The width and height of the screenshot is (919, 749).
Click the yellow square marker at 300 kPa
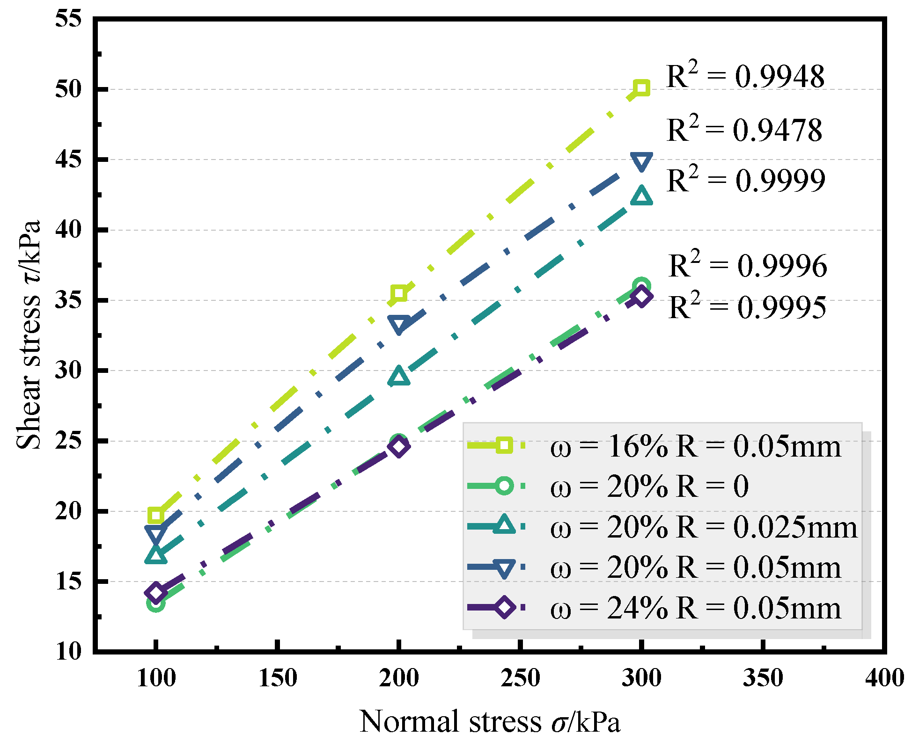coord(641,88)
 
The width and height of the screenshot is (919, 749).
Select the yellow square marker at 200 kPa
coord(399,294)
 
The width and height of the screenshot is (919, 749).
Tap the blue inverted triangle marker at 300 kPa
coord(641,161)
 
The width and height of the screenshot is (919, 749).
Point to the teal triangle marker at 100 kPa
coord(156,555)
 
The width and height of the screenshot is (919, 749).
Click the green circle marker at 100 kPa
coord(156,604)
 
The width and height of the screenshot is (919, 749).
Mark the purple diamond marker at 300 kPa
coord(641,296)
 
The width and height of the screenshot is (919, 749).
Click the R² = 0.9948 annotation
coord(745,76)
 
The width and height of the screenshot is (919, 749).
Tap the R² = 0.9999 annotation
coord(745,180)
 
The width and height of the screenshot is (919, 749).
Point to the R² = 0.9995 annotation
coord(747,307)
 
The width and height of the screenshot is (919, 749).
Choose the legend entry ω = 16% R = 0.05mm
coord(695,446)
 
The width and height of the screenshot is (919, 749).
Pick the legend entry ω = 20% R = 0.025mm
coord(704,527)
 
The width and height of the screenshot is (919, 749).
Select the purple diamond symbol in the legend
coord(504,608)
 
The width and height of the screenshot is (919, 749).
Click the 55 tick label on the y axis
coord(68,19)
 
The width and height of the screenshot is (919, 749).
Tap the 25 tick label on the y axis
coord(68,441)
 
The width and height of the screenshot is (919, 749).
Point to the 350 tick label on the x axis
coord(763,678)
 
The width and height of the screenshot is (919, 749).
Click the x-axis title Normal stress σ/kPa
coord(490,722)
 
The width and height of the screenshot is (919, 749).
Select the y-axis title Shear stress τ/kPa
coord(29,335)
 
